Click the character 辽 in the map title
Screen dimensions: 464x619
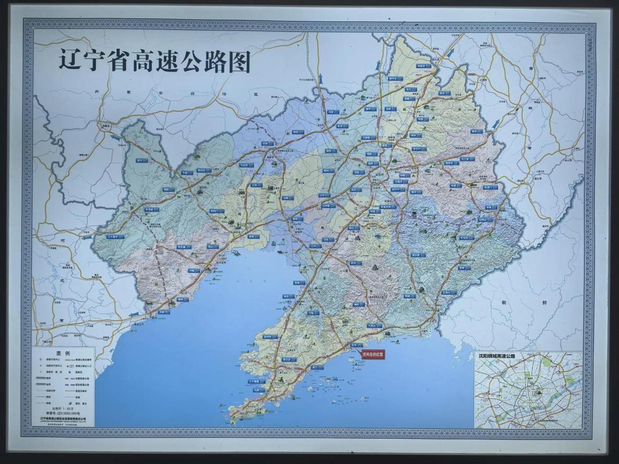click(x=70, y=60)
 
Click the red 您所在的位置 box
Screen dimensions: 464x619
click(x=373, y=353)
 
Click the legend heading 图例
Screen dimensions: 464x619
click(x=63, y=353)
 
